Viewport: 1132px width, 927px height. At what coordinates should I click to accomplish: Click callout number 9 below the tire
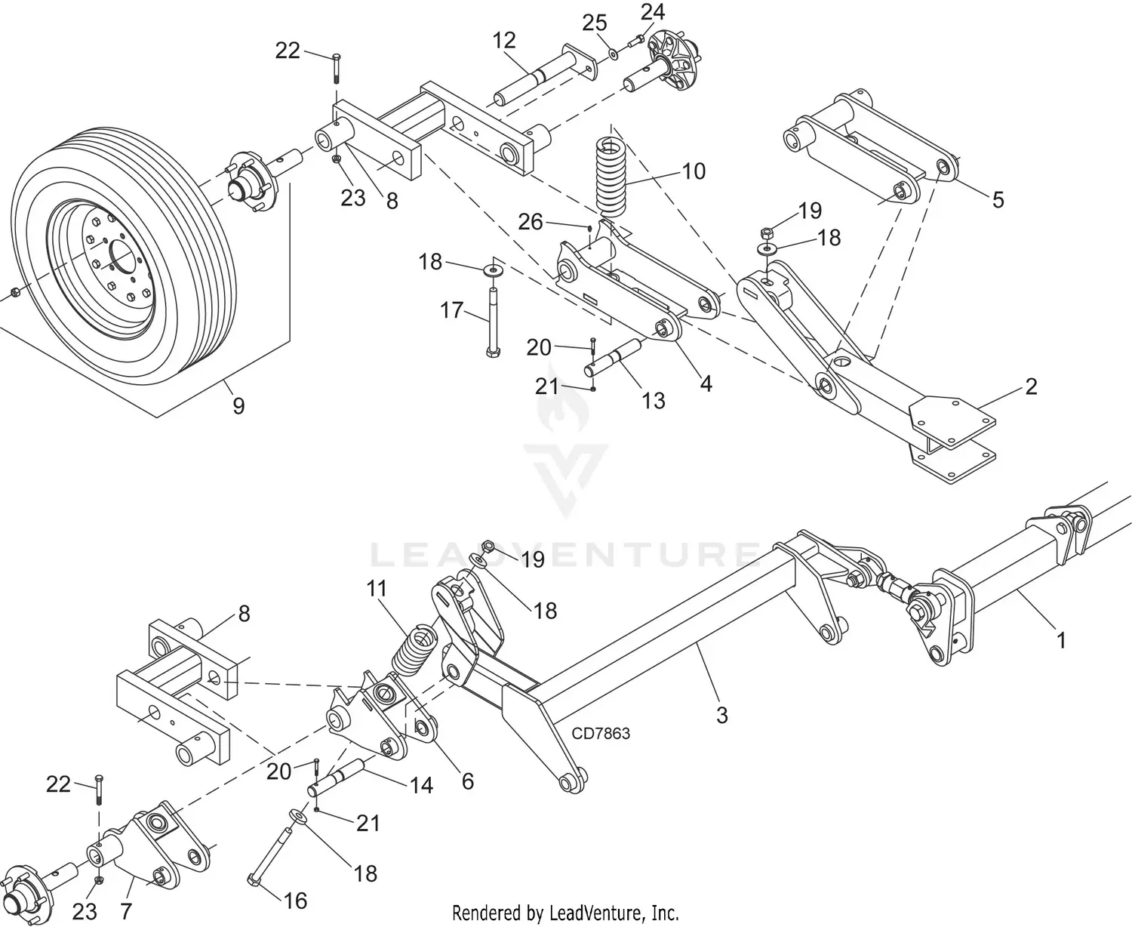[238, 406]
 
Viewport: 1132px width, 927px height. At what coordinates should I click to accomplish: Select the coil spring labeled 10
[614, 174]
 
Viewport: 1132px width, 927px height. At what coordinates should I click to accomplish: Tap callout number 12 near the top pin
[504, 41]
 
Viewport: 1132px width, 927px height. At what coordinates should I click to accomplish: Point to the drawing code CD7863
[601, 733]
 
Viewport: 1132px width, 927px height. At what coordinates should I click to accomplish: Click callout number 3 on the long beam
[721, 714]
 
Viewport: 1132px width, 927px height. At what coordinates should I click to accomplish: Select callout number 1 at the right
[1061, 640]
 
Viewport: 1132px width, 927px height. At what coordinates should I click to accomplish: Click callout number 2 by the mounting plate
[1031, 387]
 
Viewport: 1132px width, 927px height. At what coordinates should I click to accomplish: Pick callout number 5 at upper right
[998, 199]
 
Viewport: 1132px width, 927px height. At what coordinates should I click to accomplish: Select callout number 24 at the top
[653, 12]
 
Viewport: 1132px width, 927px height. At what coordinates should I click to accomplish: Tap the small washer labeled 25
[613, 54]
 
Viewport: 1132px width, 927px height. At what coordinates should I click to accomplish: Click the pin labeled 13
[615, 360]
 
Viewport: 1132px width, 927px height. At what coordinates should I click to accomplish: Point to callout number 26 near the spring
[531, 222]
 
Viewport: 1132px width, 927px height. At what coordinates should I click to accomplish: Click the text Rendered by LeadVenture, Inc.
[565, 912]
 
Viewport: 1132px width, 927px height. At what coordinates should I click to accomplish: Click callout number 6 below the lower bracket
[467, 781]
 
